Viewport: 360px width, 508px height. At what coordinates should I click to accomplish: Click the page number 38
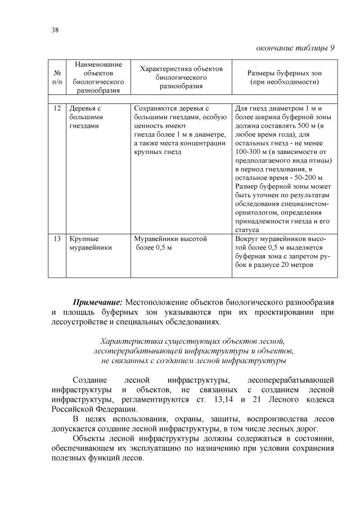tap(54, 29)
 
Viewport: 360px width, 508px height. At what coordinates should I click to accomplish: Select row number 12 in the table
tap(57, 108)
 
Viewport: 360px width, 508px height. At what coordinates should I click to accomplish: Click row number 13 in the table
tap(57, 239)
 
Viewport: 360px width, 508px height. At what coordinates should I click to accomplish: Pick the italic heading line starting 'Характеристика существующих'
tap(193, 342)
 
